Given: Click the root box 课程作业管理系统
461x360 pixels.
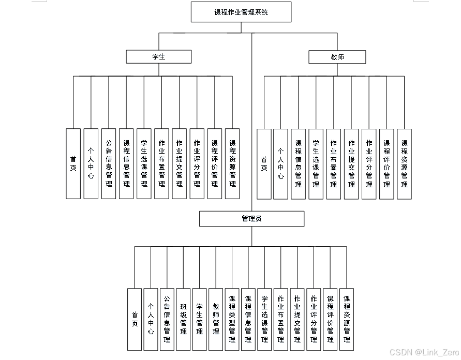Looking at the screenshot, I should click(241, 12).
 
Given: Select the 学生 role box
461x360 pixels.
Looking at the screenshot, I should click(159, 57).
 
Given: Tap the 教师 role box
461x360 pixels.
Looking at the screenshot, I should click(337, 57).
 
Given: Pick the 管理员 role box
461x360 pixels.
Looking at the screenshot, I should click(251, 219).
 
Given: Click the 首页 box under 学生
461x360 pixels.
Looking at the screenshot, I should click(73, 164).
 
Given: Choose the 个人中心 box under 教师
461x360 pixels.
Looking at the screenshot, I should click(280, 164).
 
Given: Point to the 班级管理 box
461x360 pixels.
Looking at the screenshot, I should click(183, 320).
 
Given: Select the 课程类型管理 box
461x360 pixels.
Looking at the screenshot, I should click(232, 320).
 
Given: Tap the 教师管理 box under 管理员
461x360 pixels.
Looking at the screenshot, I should click(216, 320).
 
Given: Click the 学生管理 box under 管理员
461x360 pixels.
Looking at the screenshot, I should click(200, 320).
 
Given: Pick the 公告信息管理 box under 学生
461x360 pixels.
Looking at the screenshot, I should click(109, 164).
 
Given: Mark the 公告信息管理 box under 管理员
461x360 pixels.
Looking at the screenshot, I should click(167, 320).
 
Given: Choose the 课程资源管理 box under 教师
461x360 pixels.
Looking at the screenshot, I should click(404, 164).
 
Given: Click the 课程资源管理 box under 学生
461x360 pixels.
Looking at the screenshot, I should click(232, 164).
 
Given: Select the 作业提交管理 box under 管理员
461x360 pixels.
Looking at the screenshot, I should click(297, 320).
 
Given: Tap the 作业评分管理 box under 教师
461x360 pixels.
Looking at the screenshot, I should click(369, 164).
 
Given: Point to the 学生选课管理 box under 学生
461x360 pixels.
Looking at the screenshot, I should click(144, 164).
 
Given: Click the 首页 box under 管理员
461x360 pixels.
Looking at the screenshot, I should click(135, 320).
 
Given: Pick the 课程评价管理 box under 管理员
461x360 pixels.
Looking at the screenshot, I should click(330, 320).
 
